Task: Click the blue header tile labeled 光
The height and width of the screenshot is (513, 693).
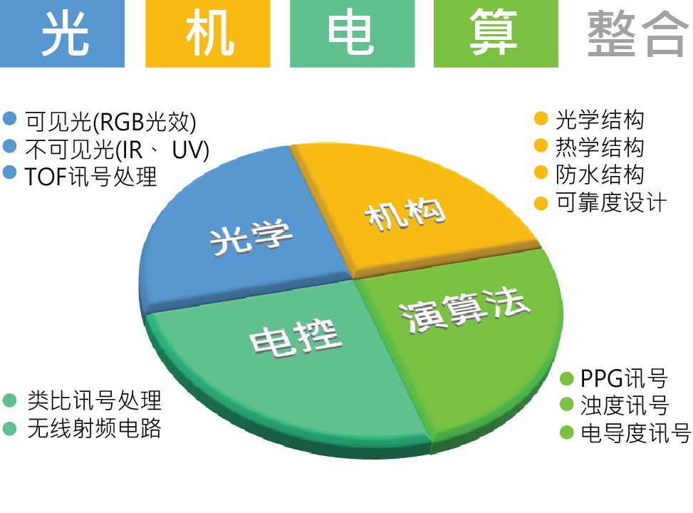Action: (62, 33)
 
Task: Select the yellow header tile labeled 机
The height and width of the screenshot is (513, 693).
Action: (208, 33)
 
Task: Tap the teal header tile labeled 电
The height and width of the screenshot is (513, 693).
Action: (353, 33)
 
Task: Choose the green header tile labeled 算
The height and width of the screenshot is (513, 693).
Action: (496, 33)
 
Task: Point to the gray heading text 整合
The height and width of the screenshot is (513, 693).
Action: (637, 34)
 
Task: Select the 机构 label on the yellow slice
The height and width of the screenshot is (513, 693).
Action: (405, 214)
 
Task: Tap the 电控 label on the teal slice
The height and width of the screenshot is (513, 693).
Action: (296, 338)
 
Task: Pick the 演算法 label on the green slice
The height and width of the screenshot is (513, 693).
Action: (464, 309)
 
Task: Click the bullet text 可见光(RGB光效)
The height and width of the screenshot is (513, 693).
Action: (111, 122)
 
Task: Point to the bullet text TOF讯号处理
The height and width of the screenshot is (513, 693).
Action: (90, 177)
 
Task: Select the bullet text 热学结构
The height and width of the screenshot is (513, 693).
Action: (600, 147)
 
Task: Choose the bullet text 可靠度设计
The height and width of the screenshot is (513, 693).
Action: (611, 202)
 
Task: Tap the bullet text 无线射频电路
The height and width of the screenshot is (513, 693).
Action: (95, 428)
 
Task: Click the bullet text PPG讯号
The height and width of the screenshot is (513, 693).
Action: (624, 378)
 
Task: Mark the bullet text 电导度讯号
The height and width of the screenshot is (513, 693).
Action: (635, 433)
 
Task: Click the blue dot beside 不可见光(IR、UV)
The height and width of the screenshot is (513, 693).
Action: (10, 146)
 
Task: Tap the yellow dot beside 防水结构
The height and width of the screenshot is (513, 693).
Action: (541, 173)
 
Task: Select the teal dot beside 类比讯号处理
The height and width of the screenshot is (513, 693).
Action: (10, 400)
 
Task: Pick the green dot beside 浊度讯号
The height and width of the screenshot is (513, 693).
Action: (567, 405)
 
